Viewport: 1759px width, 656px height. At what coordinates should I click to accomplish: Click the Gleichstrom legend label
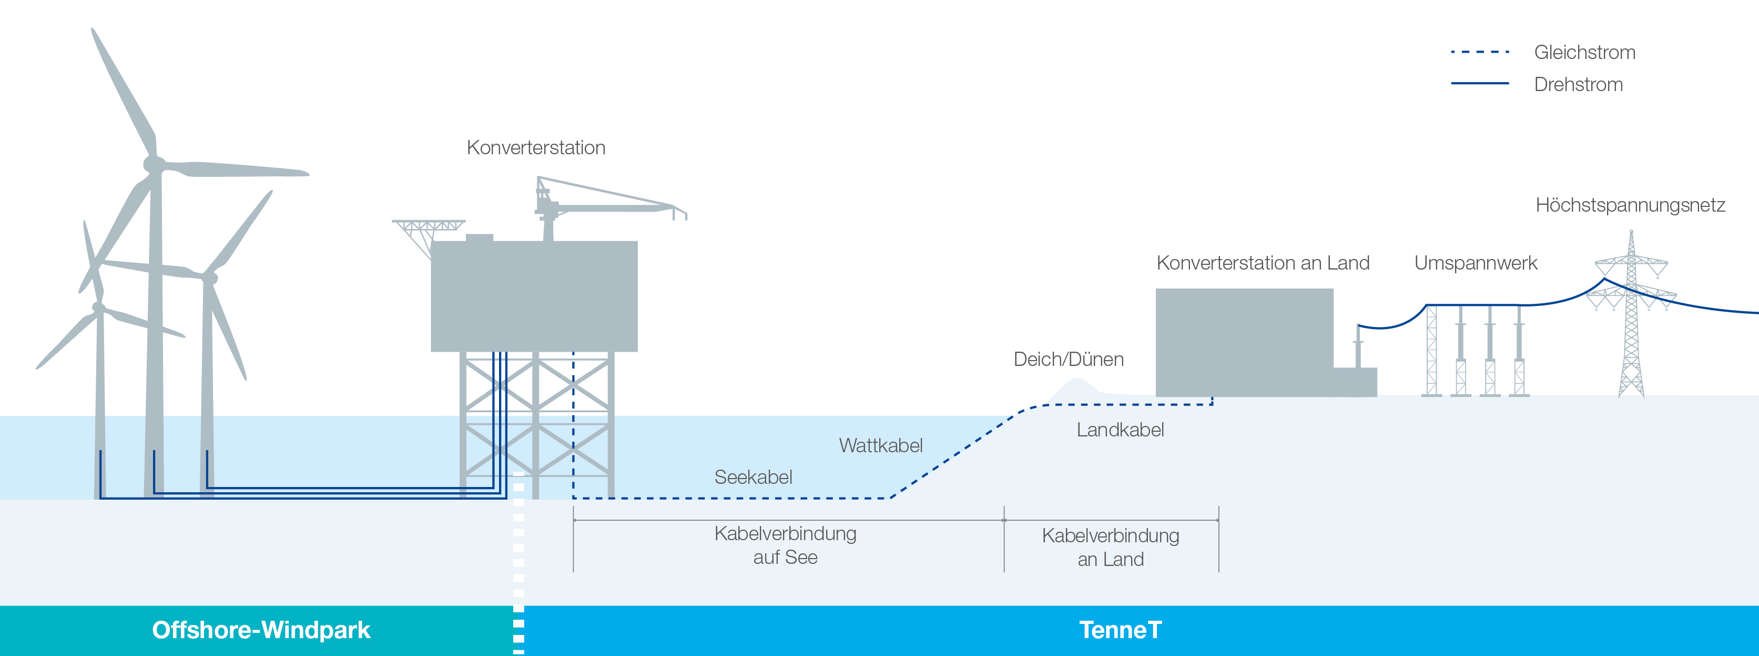[x=1584, y=53]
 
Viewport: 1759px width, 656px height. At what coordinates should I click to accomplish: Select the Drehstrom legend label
[x=1578, y=85]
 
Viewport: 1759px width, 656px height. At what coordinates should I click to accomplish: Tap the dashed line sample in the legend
[x=1480, y=52]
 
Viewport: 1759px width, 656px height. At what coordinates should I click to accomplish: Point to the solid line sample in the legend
[x=1480, y=83]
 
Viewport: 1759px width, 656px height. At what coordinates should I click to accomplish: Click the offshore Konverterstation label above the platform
[x=536, y=147]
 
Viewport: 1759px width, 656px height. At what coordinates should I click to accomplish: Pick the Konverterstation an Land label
[x=1263, y=263]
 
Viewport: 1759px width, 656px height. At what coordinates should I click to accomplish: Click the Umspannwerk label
[x=1476, y=264]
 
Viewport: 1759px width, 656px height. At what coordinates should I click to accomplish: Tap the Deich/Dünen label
[x=1069, y=360]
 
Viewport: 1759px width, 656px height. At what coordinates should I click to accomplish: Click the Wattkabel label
[x=881, y=445]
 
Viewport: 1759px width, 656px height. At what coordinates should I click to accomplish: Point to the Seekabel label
[x=753, y=477]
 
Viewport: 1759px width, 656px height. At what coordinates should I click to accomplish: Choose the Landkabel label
[x=1120, y=430]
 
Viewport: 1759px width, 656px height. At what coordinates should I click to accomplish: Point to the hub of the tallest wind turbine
[x=154, y=164]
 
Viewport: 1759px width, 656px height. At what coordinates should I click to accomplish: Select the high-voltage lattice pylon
[x=1631, y=314]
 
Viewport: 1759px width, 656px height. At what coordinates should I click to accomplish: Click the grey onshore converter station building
[x=1244, y=342]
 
